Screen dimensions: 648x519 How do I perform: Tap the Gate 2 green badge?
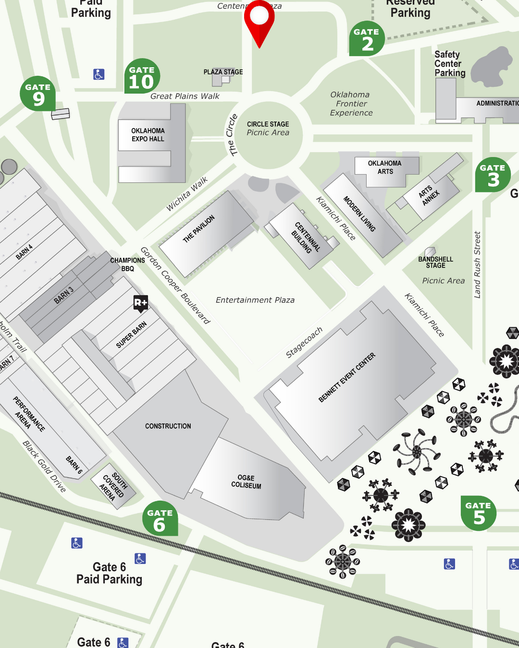click(x=367, y=39)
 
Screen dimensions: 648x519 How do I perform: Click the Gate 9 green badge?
click(x=38, y=94)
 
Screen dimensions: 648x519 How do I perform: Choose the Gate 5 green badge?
click(x=478, y=513)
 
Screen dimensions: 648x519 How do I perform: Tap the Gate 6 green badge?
click(x=160, y=520)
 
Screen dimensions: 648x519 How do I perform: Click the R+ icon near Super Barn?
click(x=140, y=303)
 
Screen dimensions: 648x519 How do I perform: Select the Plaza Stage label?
click(x=223, y=72)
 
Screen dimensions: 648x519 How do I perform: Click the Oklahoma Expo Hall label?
click(x=148, y=135)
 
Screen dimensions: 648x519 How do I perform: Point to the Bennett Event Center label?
click(x=346, y=378)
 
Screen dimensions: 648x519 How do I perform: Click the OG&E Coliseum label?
click(x=246, y=481)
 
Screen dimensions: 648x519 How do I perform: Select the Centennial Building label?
click(x=304, y=238)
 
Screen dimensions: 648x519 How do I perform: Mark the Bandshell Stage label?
click(x=435, y=262)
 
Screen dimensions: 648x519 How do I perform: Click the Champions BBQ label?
click(x=127, y=264)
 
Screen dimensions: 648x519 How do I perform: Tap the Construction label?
click(x=168, y=426)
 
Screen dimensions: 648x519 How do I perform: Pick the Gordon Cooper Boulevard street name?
click(x=175, y=285)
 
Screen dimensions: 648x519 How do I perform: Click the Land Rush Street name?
click(x=477, y=265)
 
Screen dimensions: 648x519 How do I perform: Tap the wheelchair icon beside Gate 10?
click(x=99, y=74)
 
